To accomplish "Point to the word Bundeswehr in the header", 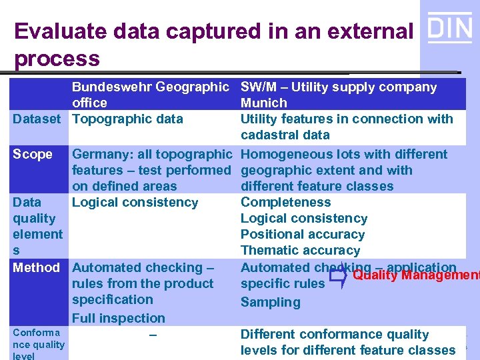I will [113, 87].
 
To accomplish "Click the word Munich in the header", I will [263, 103].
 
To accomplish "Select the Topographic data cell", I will [127, 119].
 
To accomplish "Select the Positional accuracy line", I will [302, 234].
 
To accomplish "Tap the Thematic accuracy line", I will [300, 250].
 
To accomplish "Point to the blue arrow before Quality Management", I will [338, 275].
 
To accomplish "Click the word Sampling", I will [270, 302].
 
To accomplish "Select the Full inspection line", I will [118, 318].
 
